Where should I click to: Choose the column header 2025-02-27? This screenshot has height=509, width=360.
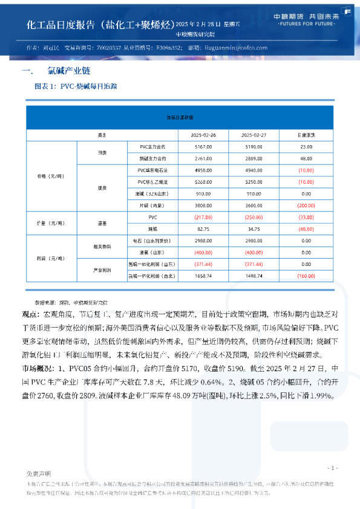tap(254, 134)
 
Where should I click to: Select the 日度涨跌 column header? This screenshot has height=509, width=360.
tap(306, 134)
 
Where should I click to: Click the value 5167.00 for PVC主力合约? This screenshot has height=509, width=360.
tap(203, 146)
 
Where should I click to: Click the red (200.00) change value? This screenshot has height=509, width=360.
tap(306, 204)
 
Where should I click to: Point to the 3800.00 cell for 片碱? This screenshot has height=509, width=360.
tap(203, 204)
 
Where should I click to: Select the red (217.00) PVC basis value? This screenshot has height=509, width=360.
tap(203, 216)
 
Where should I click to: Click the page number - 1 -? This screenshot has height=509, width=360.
tap(332, 468)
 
